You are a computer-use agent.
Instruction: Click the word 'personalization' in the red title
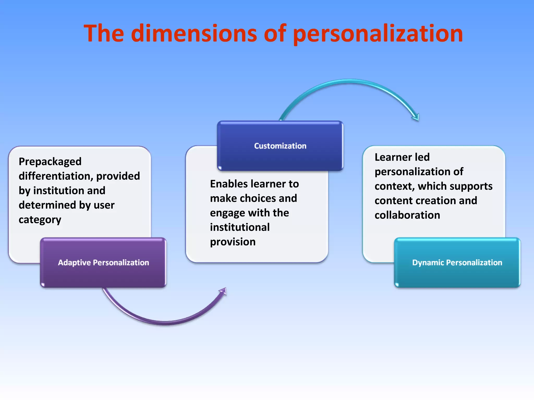click(x=378, y=34)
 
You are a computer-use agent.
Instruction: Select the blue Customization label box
click(x=280, y=146)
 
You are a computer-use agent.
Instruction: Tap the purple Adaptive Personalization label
click(x=103, y=262)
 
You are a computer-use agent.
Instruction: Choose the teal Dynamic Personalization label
click(x=457, y=262)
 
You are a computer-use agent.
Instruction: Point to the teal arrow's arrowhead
click(x=416, y=117)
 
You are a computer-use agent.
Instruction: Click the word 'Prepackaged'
click(x=50, y=162)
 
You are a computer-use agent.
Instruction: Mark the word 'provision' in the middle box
click(x=233, y=242)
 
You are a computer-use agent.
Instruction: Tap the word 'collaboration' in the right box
click(x=407, y=215)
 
